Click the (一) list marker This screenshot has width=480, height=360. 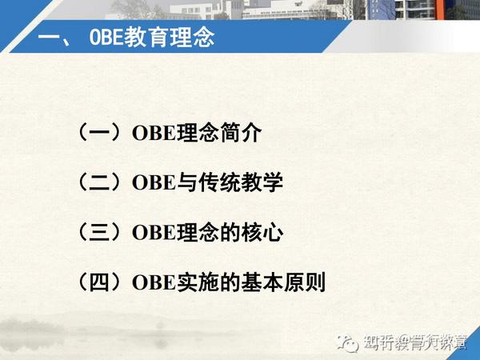pyautogui.click(x=100, y=133)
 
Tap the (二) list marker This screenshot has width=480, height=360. pyautogui.click(x=100, y=182)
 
